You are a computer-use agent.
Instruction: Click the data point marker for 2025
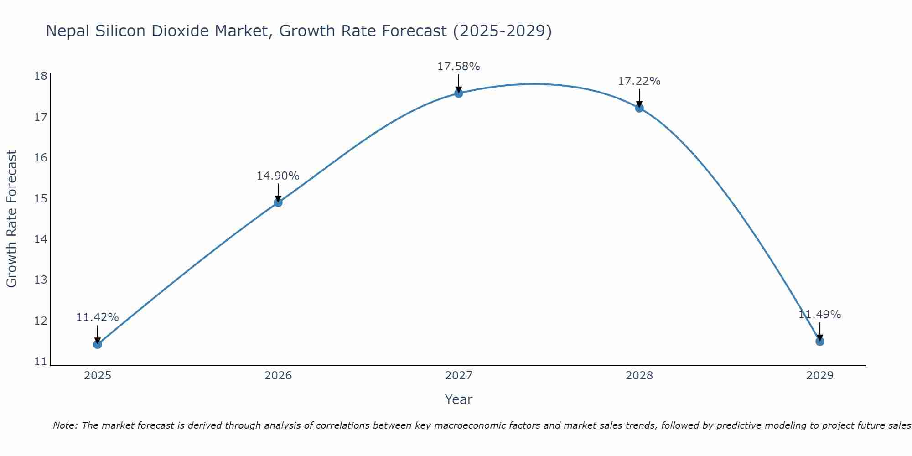(x=97, y=344)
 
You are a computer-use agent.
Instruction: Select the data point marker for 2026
(x=278, y=202)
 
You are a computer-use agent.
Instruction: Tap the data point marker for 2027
(x=458, y=93)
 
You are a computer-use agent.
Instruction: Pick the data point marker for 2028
(x=639, y=108)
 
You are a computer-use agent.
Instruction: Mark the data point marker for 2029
(x=819, y=341)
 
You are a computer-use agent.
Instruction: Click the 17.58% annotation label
(x=458, y=67)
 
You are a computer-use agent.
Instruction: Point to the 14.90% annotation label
(x=278, y=176)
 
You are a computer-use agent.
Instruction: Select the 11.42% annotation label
(x=97, y=317)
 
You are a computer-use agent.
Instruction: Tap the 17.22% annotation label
(x=639, y=81)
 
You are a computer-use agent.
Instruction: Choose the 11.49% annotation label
(x=819, y=315)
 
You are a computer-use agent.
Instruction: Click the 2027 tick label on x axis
(x=458, y=376)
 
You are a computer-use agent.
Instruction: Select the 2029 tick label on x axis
(x=819, y=376)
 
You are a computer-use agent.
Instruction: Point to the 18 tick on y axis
(x=41, y=76)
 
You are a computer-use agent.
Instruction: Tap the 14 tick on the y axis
(x=41, y=239)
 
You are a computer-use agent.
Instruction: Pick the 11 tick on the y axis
(x=41, y=362)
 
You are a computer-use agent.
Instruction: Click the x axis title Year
(x=458, y=399)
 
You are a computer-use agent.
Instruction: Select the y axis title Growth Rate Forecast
(x=11, y=219)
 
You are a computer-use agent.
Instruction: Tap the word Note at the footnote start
(x=65, y=425)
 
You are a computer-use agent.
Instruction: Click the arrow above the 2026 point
(x=278, y=192)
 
